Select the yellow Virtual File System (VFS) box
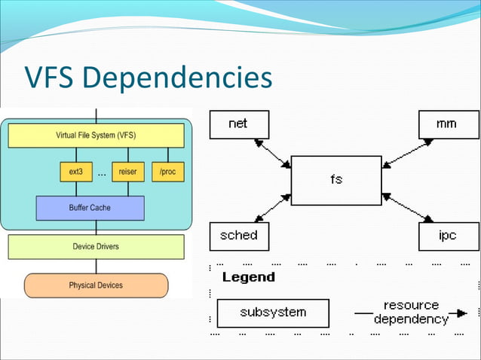pyautogui.click(x=96, y=136)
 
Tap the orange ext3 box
pyautogui.click(x=75, y=172)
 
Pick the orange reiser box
pyautogui.click(x=127, y=172)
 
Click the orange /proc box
pyautogui.click(x=167, y=172)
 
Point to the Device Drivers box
pyautogui.click(x=96, y=246)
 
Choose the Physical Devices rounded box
pyautogui.click(x=96, y=285)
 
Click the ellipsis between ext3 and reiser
pyautogui.click(x=101, y=174)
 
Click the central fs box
pyautogui.click(x=335, y=180)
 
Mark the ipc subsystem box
pyautogui.click(x=448, y=236)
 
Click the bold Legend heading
pyautogui.click(x=249, y=277)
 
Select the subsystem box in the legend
pyautogui.click(x=273, y=313)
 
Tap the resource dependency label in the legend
pyautogui.click(x=411, y=312)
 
